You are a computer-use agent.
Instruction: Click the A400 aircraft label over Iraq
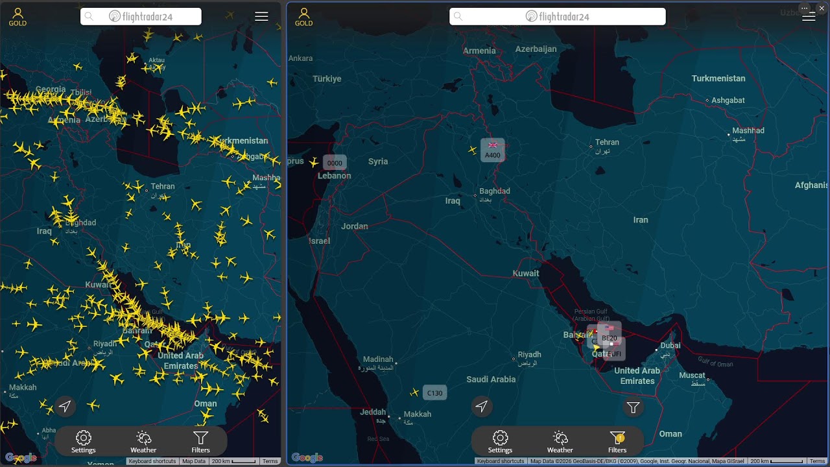493,155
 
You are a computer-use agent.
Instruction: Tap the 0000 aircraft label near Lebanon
335,163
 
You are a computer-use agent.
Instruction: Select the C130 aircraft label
434,393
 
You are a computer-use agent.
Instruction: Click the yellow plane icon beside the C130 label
414,392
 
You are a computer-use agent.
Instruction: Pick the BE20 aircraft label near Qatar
610,337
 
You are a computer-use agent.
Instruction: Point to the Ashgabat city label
728,101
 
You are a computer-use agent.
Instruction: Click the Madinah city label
378,359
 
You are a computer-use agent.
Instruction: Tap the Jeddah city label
373,412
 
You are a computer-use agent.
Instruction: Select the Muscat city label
692,376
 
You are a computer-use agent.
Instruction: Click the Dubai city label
670,346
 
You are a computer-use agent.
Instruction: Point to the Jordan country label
355,226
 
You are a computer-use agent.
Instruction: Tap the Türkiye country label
327,79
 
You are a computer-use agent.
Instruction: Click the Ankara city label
300,58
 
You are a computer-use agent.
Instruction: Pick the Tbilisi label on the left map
80,93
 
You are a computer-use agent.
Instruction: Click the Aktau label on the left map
156,60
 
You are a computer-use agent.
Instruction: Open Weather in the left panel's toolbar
143,442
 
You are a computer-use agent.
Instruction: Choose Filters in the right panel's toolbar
617,442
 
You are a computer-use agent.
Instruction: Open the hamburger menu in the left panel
261,17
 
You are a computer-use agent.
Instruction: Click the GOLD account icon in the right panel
303,17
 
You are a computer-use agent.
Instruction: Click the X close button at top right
822,7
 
